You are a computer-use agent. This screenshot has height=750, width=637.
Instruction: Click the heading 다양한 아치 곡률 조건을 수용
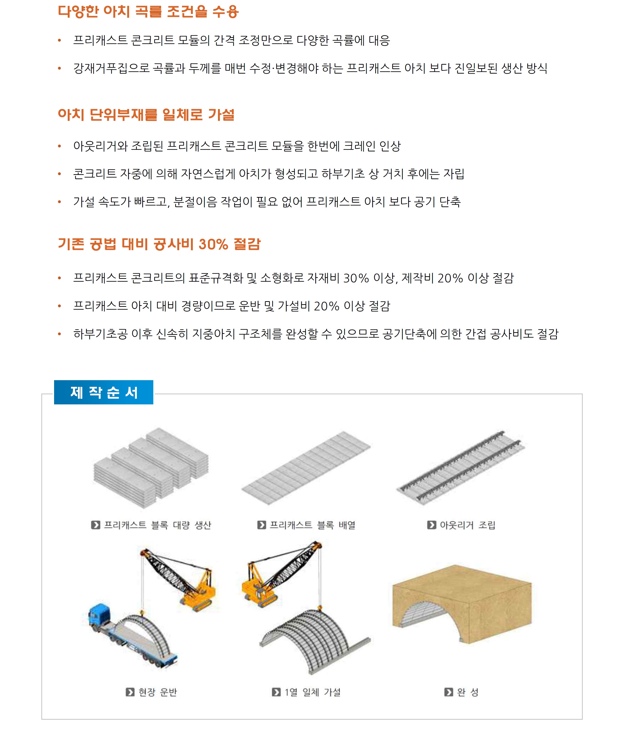148,12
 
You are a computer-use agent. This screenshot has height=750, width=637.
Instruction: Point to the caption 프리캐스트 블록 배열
312,525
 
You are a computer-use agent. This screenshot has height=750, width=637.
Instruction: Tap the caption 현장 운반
158,692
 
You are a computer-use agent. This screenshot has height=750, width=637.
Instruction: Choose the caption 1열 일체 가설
312,692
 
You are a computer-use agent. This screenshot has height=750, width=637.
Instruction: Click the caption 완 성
468,692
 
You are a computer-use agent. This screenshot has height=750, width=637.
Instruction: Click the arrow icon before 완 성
448,692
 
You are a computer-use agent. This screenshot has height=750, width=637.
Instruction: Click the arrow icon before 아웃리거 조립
431,525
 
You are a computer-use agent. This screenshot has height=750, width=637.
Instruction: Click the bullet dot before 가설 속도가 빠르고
59,202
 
